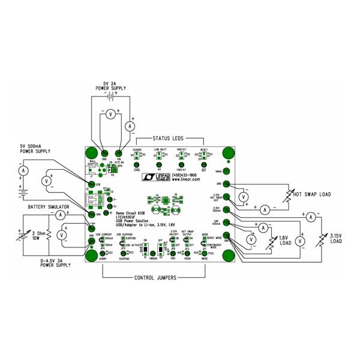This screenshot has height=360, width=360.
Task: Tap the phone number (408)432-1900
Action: click(x=185, y=174)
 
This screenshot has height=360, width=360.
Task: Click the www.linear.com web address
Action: click(x=185, y=179)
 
